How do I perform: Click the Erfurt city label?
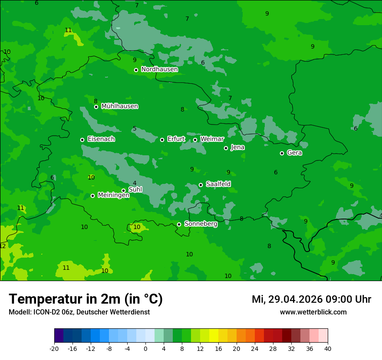point(176,139)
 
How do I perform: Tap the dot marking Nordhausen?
point(136,70)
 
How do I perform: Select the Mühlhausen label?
point(119,106)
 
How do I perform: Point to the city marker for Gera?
point(282,153)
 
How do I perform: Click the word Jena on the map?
point(237,147)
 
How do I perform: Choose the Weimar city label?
point(212,139)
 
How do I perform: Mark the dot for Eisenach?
point(82,140)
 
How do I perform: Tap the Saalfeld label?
point(218,184)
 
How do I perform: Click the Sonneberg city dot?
point(179,224)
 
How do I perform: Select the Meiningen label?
point(113,196)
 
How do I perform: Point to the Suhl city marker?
point(123,190)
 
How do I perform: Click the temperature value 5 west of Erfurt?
point(135,129)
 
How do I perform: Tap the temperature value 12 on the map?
point(3,246)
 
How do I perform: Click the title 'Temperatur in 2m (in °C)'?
point(86,299)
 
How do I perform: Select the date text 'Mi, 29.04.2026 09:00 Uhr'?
point(311,299)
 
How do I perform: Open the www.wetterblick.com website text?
point(313,312)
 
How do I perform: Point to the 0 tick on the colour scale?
point(145,348)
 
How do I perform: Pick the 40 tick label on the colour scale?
point(327,348)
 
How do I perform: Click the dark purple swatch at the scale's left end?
point(59,336)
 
